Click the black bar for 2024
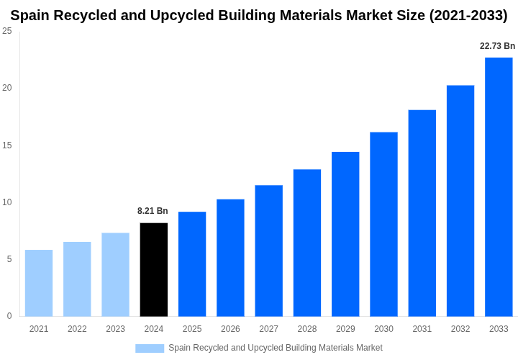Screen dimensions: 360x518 coord(154,269)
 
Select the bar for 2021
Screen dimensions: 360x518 coord(39,283)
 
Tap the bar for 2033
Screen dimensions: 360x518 coord(499,186)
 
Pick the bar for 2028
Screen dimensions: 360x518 coord(307,243)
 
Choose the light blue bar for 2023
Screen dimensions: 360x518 coord(115,274)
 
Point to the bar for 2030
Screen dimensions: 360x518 coord(383,224)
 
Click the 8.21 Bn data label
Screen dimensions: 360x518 coord(153,211)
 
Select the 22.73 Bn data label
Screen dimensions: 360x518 coord(497,46)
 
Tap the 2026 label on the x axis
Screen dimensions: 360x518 coord(230,329)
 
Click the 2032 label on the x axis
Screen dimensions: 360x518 coord(460,329)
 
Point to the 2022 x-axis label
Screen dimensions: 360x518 coord(77,329)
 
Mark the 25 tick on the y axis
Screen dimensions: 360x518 coord(7,31)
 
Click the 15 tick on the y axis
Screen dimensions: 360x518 coord(7,145)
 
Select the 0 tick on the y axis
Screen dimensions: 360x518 coord(9,316)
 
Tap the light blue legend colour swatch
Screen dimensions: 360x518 coord(150,348)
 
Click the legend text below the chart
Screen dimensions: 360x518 coord(276,348)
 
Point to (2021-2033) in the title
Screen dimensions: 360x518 coord(468,15)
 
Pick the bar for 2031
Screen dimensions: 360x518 coord(422,213)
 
